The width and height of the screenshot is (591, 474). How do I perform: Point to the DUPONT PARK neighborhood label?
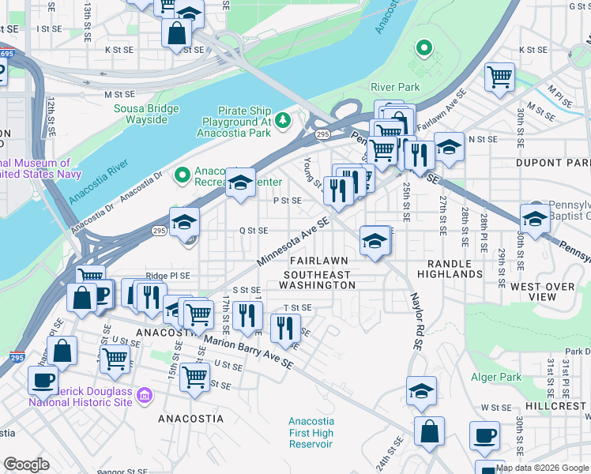[x=563, y=162]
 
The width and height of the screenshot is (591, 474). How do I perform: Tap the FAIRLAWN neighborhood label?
[x=318, y=261]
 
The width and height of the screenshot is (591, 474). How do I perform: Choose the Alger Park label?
[x=496, y=378]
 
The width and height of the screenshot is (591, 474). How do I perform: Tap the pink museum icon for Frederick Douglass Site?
[x=145, y=394]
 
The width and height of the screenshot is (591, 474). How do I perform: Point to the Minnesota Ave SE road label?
[x=292, y=243]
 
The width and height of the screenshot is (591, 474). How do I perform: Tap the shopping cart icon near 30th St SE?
[x=500, y=77]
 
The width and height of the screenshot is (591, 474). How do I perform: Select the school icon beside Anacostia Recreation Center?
[x=240, y=182]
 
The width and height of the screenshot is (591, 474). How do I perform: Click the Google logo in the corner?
[x=26, y=465]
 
